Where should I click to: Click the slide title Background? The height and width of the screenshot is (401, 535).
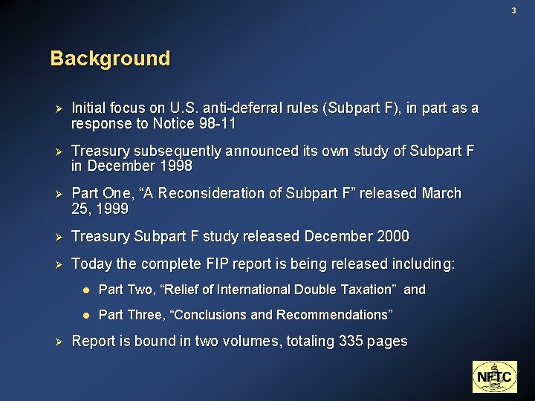[x=110, y=58]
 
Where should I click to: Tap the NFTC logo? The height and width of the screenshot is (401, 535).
[x=494, y=376]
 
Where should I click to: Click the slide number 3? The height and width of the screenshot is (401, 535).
[x=513, y=10]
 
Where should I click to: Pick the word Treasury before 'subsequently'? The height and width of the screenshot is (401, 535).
[x=101, y=151]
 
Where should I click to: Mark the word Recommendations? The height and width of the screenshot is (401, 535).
[x=334, y=315]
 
